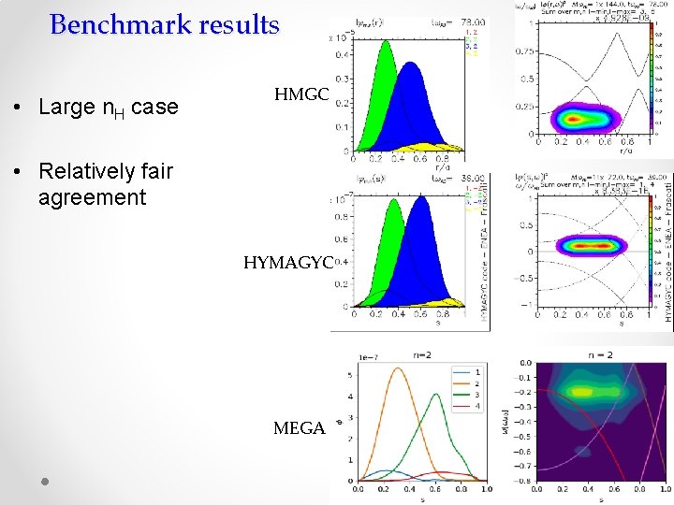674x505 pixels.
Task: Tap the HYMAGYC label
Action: coord(287,263)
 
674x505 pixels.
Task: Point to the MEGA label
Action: coord(299,428)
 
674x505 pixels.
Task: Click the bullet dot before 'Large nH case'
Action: coord(19,108)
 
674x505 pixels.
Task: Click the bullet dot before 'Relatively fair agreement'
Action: coord(19,172)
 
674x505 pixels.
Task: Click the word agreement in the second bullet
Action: coord(93,197)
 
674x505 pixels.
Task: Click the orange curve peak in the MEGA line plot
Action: coord(398,368)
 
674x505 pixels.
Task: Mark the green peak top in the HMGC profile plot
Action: coord(385,47)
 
